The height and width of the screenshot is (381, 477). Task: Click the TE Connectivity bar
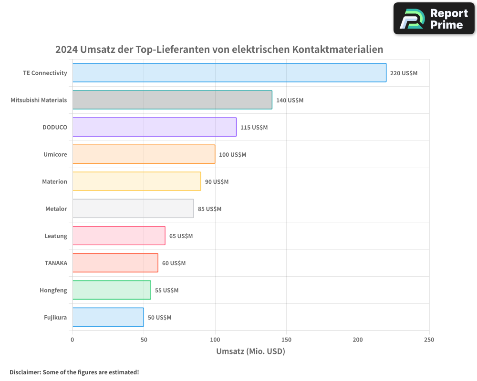[229, 73]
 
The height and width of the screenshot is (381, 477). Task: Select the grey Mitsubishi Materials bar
[172, 100]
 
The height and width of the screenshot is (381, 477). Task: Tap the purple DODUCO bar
[154, 127]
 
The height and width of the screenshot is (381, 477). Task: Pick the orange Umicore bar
[144, 154]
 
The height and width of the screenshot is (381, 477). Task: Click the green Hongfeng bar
[112, 290]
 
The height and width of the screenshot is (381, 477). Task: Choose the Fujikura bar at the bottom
[108, 317]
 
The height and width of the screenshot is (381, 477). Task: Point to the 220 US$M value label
[404, 73]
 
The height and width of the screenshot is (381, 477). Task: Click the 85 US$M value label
[209, 209]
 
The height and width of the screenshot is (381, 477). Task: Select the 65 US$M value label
[181, 236]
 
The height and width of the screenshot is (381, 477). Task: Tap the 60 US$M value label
[174, 263]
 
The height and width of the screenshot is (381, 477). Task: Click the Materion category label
[54, 181]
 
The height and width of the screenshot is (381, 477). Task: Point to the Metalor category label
[56, 209]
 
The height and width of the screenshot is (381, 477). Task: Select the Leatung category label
[55, 236]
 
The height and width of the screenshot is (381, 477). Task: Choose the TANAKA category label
[56, 263]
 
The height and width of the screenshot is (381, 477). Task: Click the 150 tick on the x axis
[286, 340]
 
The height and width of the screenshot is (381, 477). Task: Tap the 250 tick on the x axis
[429, 340]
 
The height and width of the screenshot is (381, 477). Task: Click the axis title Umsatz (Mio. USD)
[250, 351]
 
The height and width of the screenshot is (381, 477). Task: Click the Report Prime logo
[434, 19]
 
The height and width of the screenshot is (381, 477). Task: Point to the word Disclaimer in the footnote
[25, 372]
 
